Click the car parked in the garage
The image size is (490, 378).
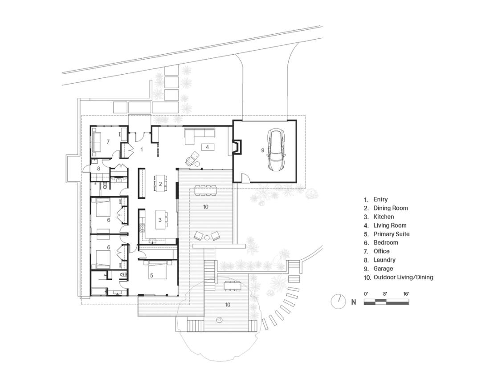tap(276, 150)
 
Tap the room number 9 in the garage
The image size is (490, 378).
tap(262, 150)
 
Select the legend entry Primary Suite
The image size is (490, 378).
tap(391, 234)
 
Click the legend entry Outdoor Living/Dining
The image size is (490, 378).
tap(403, 277)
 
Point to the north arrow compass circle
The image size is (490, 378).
tap(339, 302)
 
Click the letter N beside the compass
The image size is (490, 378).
tap(353, 302)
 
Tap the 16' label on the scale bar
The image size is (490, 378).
tap(406, 294)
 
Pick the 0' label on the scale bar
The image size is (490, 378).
tap(366, 294)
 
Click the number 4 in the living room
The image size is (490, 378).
tap(207, 147)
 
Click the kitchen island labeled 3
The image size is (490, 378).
tap(160, 220)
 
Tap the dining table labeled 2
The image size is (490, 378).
tap(160, 184)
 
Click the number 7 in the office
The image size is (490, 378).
tap(108, 142)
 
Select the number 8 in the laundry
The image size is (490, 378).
tap(98, 169)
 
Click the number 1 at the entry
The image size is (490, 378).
tap(142, 150)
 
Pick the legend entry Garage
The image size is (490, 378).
tap(383, 269)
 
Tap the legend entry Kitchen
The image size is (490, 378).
tap(384, 217)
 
